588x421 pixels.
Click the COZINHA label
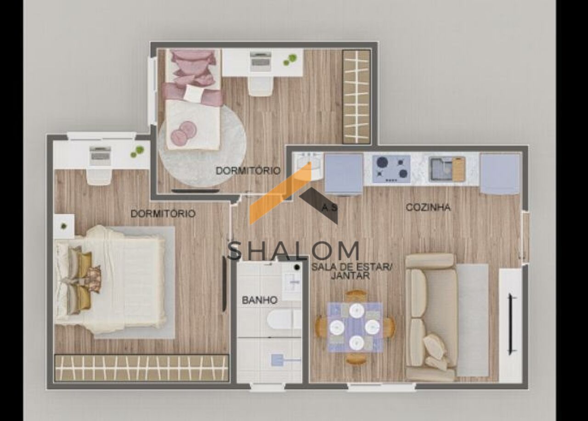[x=428, y=208]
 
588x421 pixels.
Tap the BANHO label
[x=260, y=300]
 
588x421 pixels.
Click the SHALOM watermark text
[x=293, y=251]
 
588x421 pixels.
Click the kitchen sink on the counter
[x=447, y=169]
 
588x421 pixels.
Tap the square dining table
[x=355, y=327]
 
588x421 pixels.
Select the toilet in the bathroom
[x=284, y=320]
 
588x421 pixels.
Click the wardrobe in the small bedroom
[x=356, y=97]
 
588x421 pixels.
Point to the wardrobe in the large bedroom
[x=141, y=368]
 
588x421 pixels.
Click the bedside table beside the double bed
[x=64, y=226]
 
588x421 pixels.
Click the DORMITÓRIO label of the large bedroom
[x=163, y=214]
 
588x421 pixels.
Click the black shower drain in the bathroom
[x=297, y=267]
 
